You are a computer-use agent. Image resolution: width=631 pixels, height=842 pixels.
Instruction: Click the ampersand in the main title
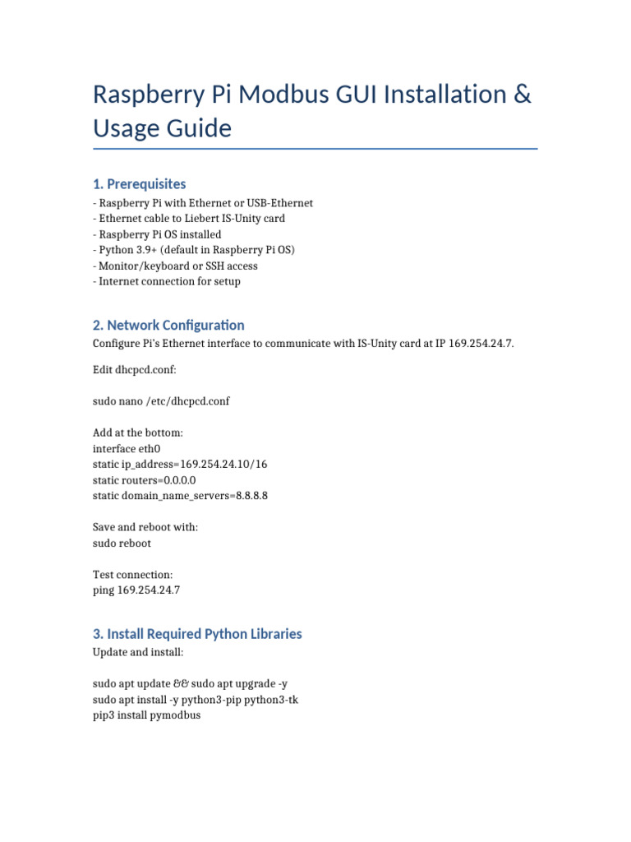(522, 95)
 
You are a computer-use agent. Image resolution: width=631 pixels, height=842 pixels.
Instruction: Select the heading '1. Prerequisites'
(140, 183)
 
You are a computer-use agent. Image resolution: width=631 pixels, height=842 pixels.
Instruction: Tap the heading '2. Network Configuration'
(168, 325)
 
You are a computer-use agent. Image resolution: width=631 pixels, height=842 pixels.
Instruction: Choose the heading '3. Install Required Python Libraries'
(197, 634)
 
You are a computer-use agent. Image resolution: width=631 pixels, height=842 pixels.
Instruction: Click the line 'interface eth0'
(127, 449)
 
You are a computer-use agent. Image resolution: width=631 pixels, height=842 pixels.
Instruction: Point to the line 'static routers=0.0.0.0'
(145, 480)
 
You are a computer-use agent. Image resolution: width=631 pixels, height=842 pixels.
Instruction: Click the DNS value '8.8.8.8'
(250, 496)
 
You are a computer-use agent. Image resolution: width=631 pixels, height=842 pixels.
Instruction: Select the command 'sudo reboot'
(122, 543)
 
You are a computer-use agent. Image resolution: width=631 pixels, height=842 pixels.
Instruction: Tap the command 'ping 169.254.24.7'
(136, 590)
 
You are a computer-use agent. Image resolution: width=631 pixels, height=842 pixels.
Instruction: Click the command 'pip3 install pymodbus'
(147, 715)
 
